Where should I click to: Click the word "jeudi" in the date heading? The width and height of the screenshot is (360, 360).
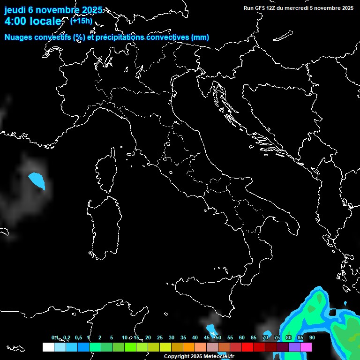(x=15, y=10)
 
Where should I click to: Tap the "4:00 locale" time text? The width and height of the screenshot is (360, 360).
(x=33, y=21)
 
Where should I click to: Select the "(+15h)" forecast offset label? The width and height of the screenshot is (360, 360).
(x=81, y=20)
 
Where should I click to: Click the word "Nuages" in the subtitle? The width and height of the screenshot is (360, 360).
(x=18, y=37)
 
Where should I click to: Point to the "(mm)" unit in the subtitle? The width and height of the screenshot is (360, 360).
(x=200, y=37)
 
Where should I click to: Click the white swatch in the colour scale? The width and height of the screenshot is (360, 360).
(x=48, y=347)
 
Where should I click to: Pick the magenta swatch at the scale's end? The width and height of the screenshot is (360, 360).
(x=306, y=347)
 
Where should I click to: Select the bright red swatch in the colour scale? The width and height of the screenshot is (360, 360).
(x=247, y=347)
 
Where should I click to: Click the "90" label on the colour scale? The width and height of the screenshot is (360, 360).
(x=312, y=337)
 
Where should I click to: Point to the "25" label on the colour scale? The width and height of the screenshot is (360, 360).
(x=159, y=337)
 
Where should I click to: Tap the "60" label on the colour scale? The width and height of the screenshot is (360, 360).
(x=242, y=337)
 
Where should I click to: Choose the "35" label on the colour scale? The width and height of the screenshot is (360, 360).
(x=183, y=337)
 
